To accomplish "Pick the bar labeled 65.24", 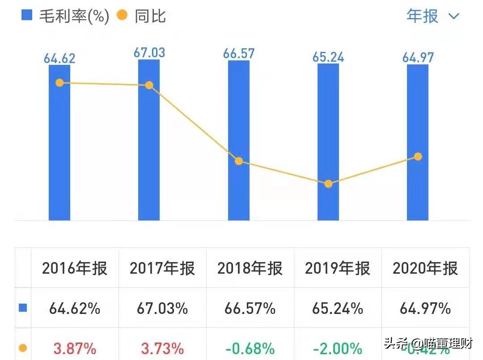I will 328,134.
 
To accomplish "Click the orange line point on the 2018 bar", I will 239,161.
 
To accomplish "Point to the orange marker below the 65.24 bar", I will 328,184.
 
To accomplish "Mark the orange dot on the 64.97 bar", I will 418,157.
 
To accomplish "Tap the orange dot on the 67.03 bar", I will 149,85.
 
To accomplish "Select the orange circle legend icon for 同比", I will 122,16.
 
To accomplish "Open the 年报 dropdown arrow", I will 453,17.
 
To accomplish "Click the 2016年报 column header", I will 75,268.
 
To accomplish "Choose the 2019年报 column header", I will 338,268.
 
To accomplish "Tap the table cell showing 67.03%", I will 162,309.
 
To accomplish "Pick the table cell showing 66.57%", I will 250,309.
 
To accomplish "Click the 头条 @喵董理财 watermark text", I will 428,343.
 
